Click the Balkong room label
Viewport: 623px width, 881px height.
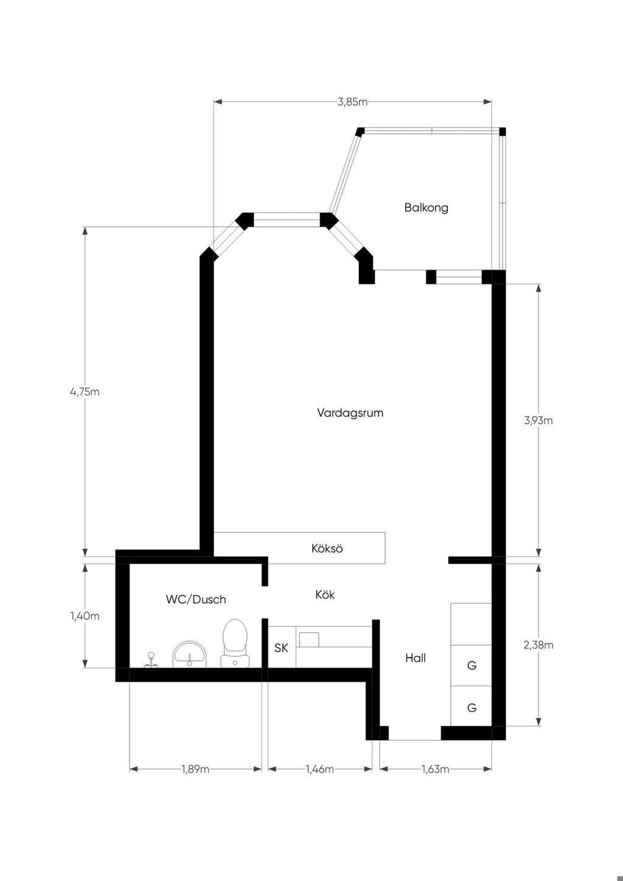pos(426,207)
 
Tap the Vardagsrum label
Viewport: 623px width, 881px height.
pos(350,413)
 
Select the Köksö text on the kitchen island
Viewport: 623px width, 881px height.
pos(327,548)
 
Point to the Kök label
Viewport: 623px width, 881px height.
pos(325,594)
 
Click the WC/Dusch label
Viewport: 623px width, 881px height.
pos(196,599)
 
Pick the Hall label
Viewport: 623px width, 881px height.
pos(416,658)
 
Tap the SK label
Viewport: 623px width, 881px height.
pos(281,648)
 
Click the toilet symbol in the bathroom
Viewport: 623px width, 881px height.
pos(235,643)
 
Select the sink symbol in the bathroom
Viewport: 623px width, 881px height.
pos(190,654)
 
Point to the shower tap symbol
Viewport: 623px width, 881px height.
pos(151,660)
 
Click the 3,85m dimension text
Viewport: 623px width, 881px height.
pos(352,102)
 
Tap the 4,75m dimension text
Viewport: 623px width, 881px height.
pos(85,392)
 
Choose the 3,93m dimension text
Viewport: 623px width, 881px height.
pos(538,420)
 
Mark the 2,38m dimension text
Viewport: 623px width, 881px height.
pos(538,645)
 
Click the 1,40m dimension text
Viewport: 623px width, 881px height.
pos(85,616)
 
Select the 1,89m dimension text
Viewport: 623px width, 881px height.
pos(195,769)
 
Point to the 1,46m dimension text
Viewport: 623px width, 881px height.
pos(320,769)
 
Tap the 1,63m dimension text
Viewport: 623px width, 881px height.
pos(436,769)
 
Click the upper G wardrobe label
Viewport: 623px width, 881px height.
pos(472,666)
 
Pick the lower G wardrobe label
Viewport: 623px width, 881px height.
pos(472,708)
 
